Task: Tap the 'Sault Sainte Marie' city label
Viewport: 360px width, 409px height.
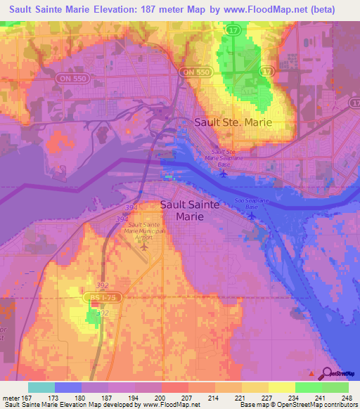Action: [190, 210]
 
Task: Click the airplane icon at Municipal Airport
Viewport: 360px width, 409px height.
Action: [145, 246]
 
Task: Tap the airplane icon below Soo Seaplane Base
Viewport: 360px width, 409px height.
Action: [252, 215]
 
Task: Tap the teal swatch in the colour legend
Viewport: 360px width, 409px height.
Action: [41, 387]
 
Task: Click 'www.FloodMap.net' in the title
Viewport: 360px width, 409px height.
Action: [264, 9]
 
